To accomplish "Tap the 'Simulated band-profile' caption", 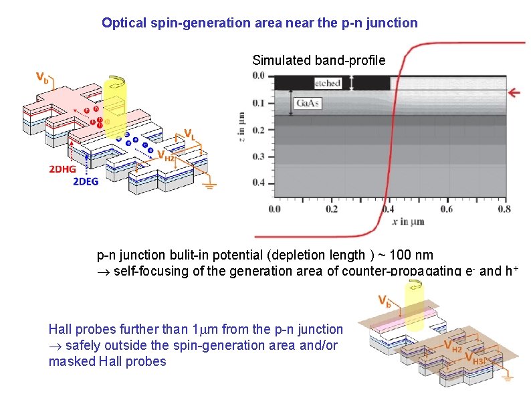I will [x=318, y=60].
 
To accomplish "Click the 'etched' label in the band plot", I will [x=328, y=83].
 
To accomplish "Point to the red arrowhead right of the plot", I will [x=515, y=92].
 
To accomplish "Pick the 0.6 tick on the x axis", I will [x=447, y=209].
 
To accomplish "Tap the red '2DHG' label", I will [x=62, y=170].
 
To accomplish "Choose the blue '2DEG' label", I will [x=86, y=182].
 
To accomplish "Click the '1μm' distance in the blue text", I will [x=202, y=329].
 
